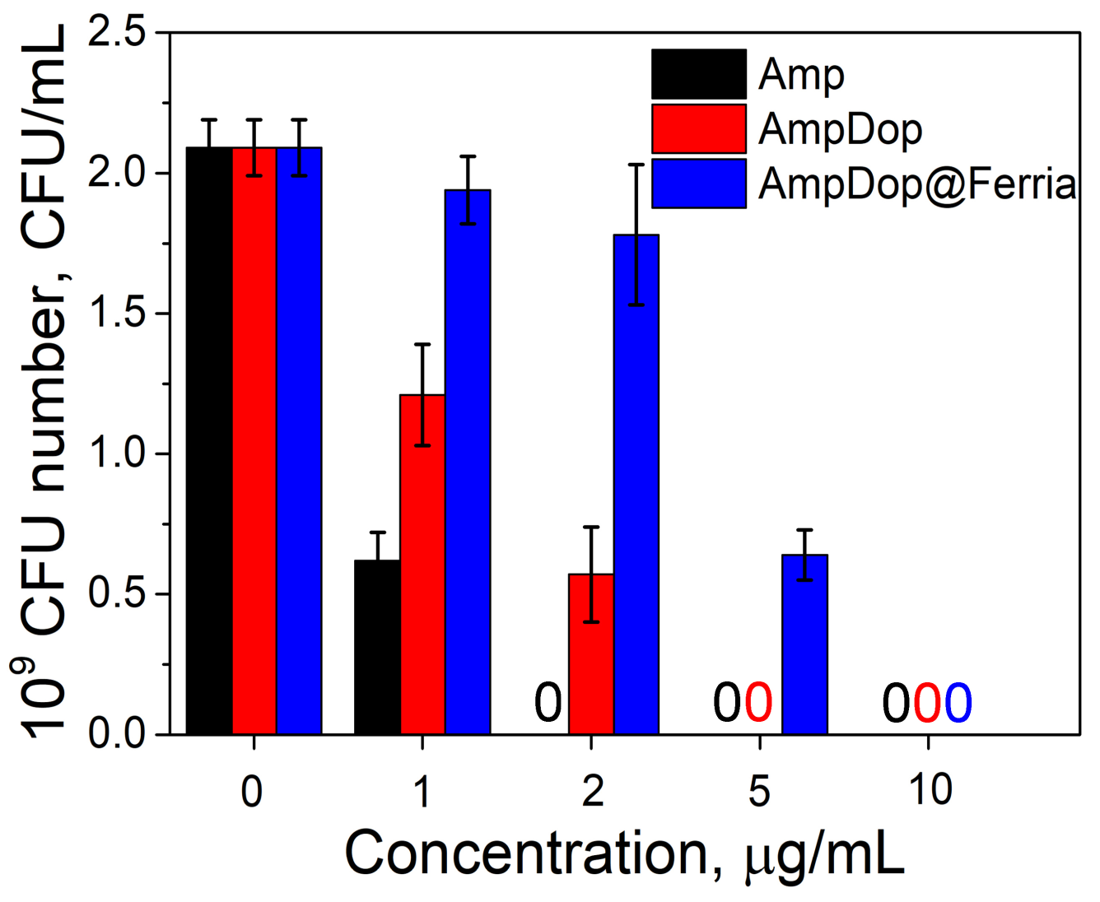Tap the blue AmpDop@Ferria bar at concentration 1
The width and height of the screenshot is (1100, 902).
[x=468, y=462]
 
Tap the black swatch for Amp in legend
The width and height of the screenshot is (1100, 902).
[x=698, y=74]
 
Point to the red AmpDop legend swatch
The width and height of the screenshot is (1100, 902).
[x=698, y=128]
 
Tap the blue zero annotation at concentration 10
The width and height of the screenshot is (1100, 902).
[x=958, y=704]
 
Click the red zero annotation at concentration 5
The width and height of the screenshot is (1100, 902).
[x=758, y=704]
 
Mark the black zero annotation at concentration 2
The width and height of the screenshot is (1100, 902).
[x=548, y=704]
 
